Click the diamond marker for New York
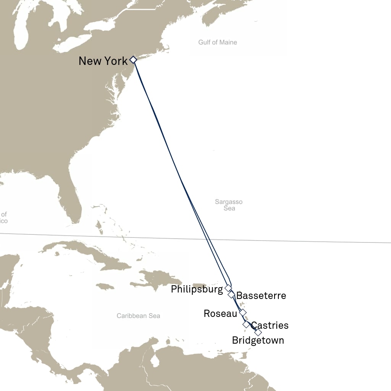[x=133, y=60]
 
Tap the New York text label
[x=103, y=61]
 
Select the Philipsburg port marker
[x=228, y=288]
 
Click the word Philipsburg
[x=197, y=289]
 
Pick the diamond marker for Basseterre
[x=231, y=295]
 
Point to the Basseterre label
[x=261, y=296]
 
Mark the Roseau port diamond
[x=242, y=313]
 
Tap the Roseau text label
[x=220, y=313]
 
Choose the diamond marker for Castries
[x=246, y=325]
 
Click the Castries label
[x=270, y=325]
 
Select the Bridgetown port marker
[x=258, y=332]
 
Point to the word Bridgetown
[x=258, y=340]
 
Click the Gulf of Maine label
[x=218, y=42]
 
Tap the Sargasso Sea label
[x=229, y=205]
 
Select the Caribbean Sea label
[x=138, y=316]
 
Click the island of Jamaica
[x=105, y=286]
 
